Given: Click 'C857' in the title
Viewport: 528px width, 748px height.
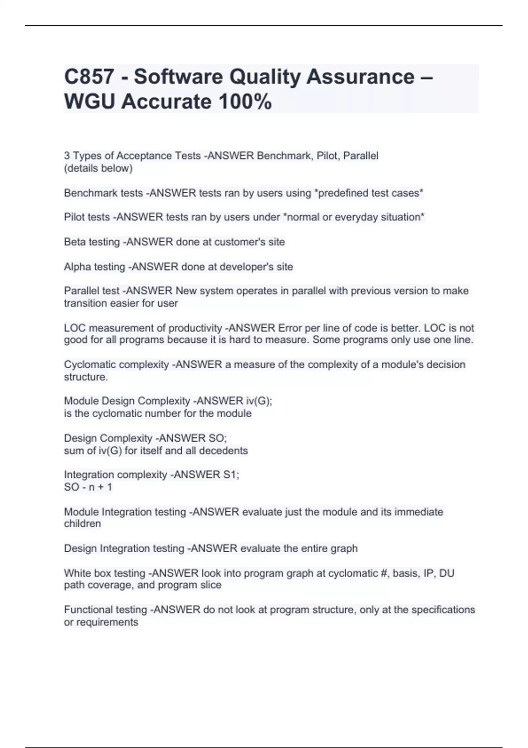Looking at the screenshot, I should click(x=89, y=77).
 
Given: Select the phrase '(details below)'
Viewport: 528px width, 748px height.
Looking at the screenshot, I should click(x=98, y=168).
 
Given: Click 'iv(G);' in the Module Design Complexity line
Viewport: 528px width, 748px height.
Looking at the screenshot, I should click(x=259, y=401).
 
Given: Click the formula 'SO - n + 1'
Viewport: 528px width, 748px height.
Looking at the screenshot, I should click(x=88, y=487).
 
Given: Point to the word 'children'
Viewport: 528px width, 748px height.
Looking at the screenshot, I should click(x=82, y=524).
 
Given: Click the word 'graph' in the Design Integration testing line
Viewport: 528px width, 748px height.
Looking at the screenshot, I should click(x=345, y=548).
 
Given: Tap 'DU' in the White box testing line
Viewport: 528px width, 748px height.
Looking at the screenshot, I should click(x=447, y=573).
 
